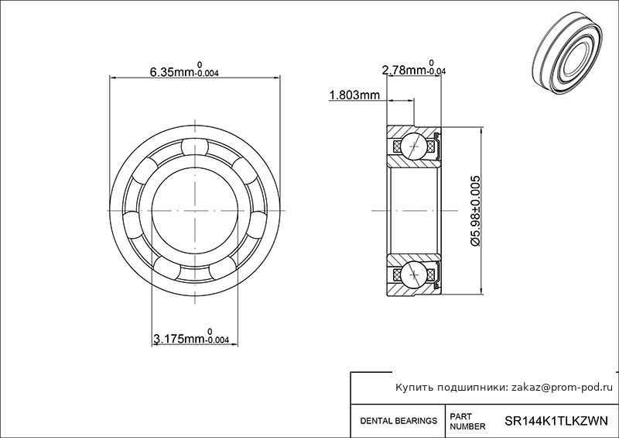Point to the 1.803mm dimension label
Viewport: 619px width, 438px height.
pyautogui.click(x=354, y=95)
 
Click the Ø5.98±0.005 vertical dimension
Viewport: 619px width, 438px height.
pyautogui.click(x=475, y=211)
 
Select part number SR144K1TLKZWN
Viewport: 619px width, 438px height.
pyautogui.click(x=556, y=421)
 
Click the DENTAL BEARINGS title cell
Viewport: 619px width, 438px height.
pyautogui.click(x=398, y=421)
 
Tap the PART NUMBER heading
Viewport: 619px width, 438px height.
pyautogui.click(x=467, y=422)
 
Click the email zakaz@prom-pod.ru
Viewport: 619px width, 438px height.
pyautogui.click(x=563, y=388)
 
